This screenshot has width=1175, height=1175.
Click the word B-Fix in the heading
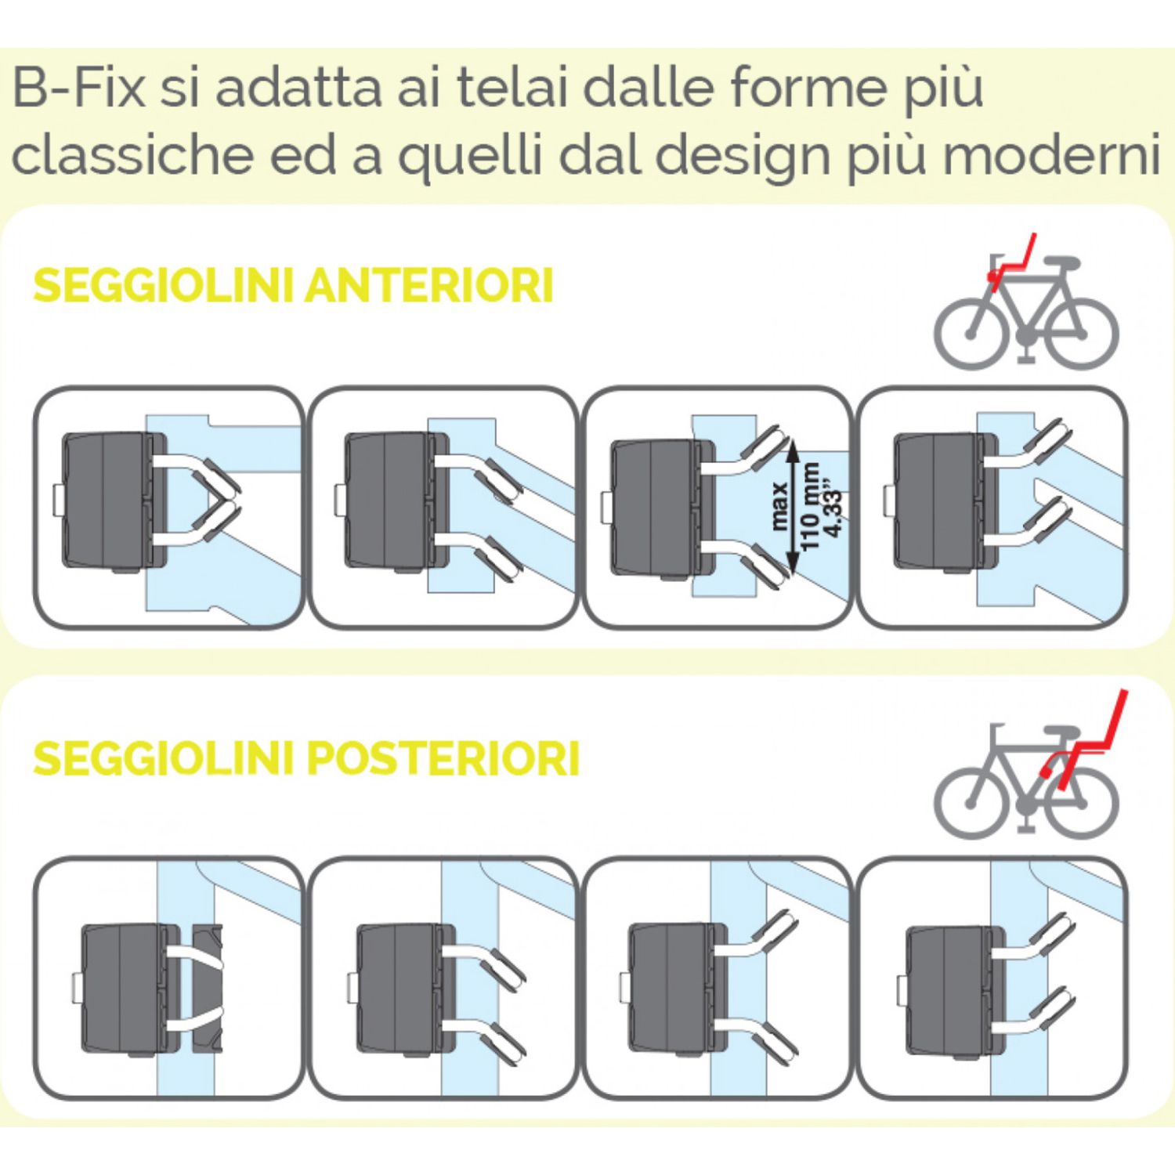[78, 88]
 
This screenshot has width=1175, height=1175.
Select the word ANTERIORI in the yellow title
[428, 285]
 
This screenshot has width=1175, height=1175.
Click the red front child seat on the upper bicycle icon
[1010, 265]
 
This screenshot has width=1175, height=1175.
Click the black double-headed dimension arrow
[793, 506]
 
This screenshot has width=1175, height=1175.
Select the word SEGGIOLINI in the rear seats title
[164, 757]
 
